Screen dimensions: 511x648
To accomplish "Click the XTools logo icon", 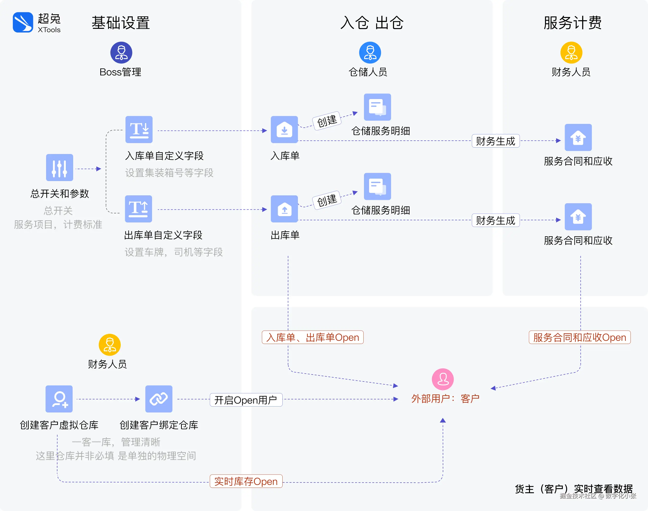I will [x=23, y=22].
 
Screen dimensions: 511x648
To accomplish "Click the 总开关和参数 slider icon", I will [x=60, y=168].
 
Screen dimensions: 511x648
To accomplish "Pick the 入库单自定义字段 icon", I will [x=139, y=130].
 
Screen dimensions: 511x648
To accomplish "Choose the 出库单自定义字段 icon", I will [x=138, y=209].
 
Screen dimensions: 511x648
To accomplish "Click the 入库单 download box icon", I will [x=284, y=130].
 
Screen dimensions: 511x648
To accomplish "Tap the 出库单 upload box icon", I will [x=284, y=209].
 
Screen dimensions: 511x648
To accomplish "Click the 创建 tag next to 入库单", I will [x=327, y=120].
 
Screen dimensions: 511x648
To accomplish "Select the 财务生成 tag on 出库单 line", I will [x=495, y=221].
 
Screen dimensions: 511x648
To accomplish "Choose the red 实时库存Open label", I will [x=246, y=481].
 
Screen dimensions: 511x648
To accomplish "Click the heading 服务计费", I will [x=572, y=23].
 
